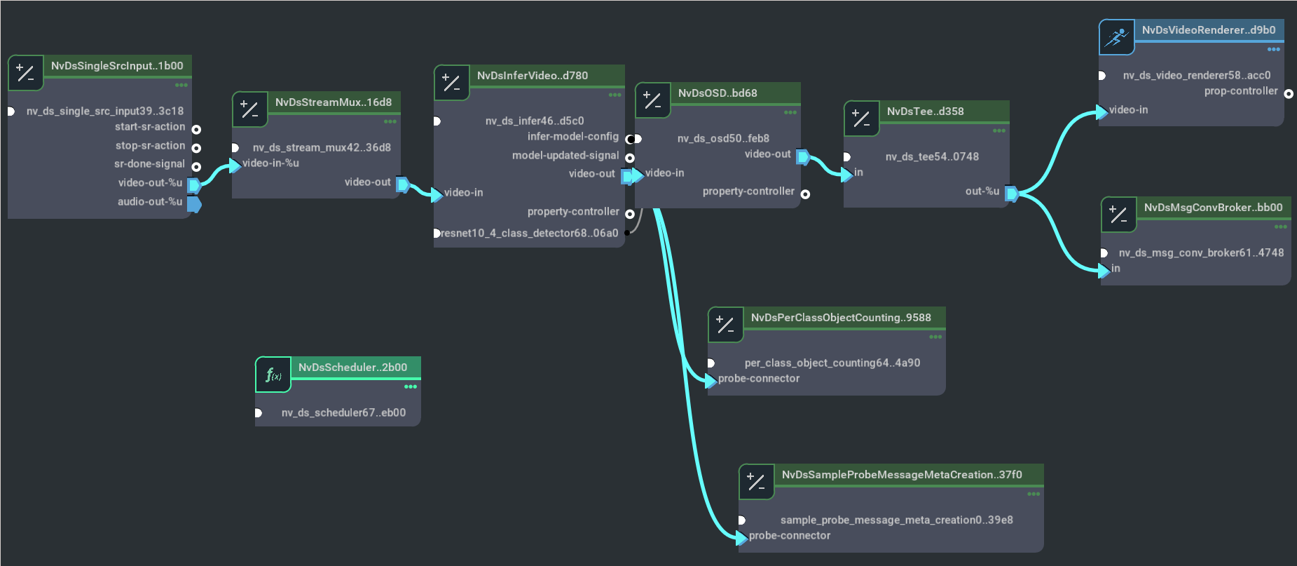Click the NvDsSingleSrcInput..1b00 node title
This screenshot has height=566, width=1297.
[117, 66]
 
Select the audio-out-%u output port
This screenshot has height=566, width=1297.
[194, 204]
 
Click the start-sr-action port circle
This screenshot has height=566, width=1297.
[196, 130]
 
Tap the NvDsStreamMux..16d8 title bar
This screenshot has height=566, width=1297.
[333, 102]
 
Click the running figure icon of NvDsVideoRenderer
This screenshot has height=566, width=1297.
[1116, 37]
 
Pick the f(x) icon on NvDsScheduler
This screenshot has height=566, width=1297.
[273, 375]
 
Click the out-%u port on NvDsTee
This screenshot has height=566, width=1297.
[1011, 194]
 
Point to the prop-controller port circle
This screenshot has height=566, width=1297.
[1288, 94]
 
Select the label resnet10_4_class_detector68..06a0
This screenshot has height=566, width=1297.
[530, 233]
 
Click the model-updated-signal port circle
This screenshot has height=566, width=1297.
[630, 159]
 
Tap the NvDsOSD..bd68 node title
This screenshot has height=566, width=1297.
[718, 93]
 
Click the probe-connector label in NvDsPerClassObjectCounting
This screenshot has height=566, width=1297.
[758, 379]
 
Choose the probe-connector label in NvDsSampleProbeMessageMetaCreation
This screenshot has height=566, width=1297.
[789, 536]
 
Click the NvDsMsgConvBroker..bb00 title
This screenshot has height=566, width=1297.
[1213, 208]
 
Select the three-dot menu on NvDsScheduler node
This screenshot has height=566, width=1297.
[411, 386]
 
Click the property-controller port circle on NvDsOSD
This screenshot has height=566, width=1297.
[806, 194]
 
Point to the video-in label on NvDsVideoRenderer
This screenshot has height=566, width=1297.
[1128, 110]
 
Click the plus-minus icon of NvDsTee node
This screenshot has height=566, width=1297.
[861, 119]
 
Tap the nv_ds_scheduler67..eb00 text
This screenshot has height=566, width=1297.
[343, 413]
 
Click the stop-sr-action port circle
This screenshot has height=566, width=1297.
[196, 148]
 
